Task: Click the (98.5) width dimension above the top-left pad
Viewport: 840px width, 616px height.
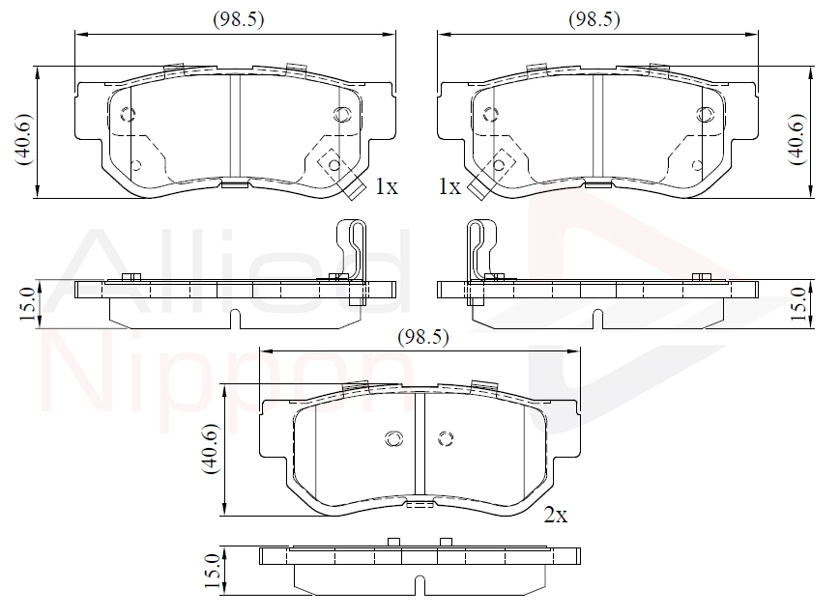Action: pos(239,20)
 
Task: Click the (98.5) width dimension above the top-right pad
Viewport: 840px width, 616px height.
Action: pos(594,20)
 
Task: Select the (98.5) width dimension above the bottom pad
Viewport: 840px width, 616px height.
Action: pos(422,337)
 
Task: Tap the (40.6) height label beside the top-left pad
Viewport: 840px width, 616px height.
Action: pos(23,139)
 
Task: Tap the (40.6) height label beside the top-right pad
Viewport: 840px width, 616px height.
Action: pos(797,139)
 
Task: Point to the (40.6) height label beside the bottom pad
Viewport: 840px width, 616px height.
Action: pos(210,449)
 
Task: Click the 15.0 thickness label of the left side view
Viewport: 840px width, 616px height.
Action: pos(27,303)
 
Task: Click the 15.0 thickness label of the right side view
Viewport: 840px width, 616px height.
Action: pos(798,303)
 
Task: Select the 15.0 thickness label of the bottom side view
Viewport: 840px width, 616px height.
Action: pos(213,571)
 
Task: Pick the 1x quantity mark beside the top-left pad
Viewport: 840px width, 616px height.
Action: pos(387,186)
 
